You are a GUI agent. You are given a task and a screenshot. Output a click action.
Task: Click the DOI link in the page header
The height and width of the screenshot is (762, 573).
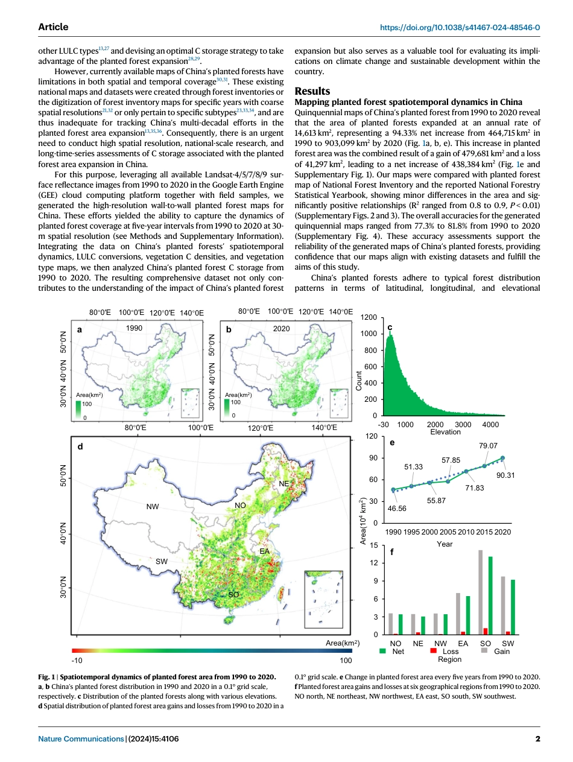click(x=460, y=27)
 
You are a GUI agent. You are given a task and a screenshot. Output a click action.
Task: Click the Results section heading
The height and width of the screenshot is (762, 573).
click(x=312, y=91)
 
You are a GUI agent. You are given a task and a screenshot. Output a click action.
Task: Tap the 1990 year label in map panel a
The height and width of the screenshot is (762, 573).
click(x=134, y=328)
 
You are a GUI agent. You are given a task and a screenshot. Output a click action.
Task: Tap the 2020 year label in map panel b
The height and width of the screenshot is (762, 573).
click(x=281, y=328)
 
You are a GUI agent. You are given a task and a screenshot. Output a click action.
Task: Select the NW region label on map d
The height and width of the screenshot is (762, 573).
click(x=153, y=507)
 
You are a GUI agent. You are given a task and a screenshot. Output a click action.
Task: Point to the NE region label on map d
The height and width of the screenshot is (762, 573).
click(x=283, y=484)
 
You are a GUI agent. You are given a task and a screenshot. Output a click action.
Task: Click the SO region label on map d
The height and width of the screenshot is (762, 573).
click(x=233, y=595)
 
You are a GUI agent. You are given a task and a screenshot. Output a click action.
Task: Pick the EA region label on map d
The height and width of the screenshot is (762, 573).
click(x=264, y=551)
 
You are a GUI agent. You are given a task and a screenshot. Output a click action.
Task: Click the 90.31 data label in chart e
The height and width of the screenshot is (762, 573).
click(x=505, y=475)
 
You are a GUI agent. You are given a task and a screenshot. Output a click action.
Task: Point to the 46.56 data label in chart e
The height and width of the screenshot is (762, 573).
click(x=397, y=509)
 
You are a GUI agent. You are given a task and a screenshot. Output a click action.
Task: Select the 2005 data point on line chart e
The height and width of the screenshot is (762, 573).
click(x=448, y=481)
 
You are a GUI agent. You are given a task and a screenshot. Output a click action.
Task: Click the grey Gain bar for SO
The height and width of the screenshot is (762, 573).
click(x=480, y=592)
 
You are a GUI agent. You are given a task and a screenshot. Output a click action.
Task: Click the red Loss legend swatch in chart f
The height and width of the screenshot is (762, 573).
click(x=433, y=650)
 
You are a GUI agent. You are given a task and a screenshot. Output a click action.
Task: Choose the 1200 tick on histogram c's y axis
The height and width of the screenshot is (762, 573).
click(x=369, y=317)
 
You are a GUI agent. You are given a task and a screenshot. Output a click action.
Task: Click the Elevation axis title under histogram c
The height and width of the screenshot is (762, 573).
click(x=445, y=432)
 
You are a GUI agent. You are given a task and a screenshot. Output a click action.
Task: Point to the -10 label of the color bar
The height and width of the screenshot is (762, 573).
click(x=77, y=660)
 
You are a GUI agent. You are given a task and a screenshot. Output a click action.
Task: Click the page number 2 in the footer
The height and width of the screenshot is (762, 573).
click(x=537, y=738)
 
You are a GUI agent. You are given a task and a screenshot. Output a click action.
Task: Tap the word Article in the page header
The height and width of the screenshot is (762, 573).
click(x=53, y=27)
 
